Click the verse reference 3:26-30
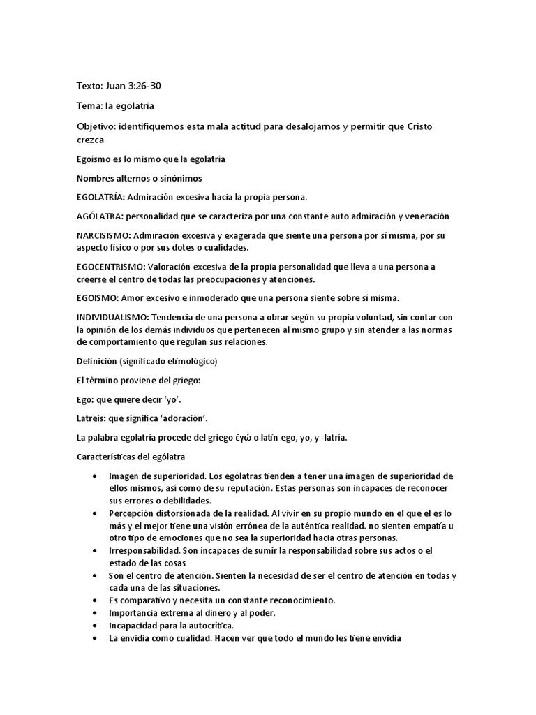pos(147,86)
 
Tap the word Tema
pos(89,105)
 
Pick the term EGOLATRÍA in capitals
pos(100,197)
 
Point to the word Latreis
pos(90,418)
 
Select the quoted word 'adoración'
pos(182,418)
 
